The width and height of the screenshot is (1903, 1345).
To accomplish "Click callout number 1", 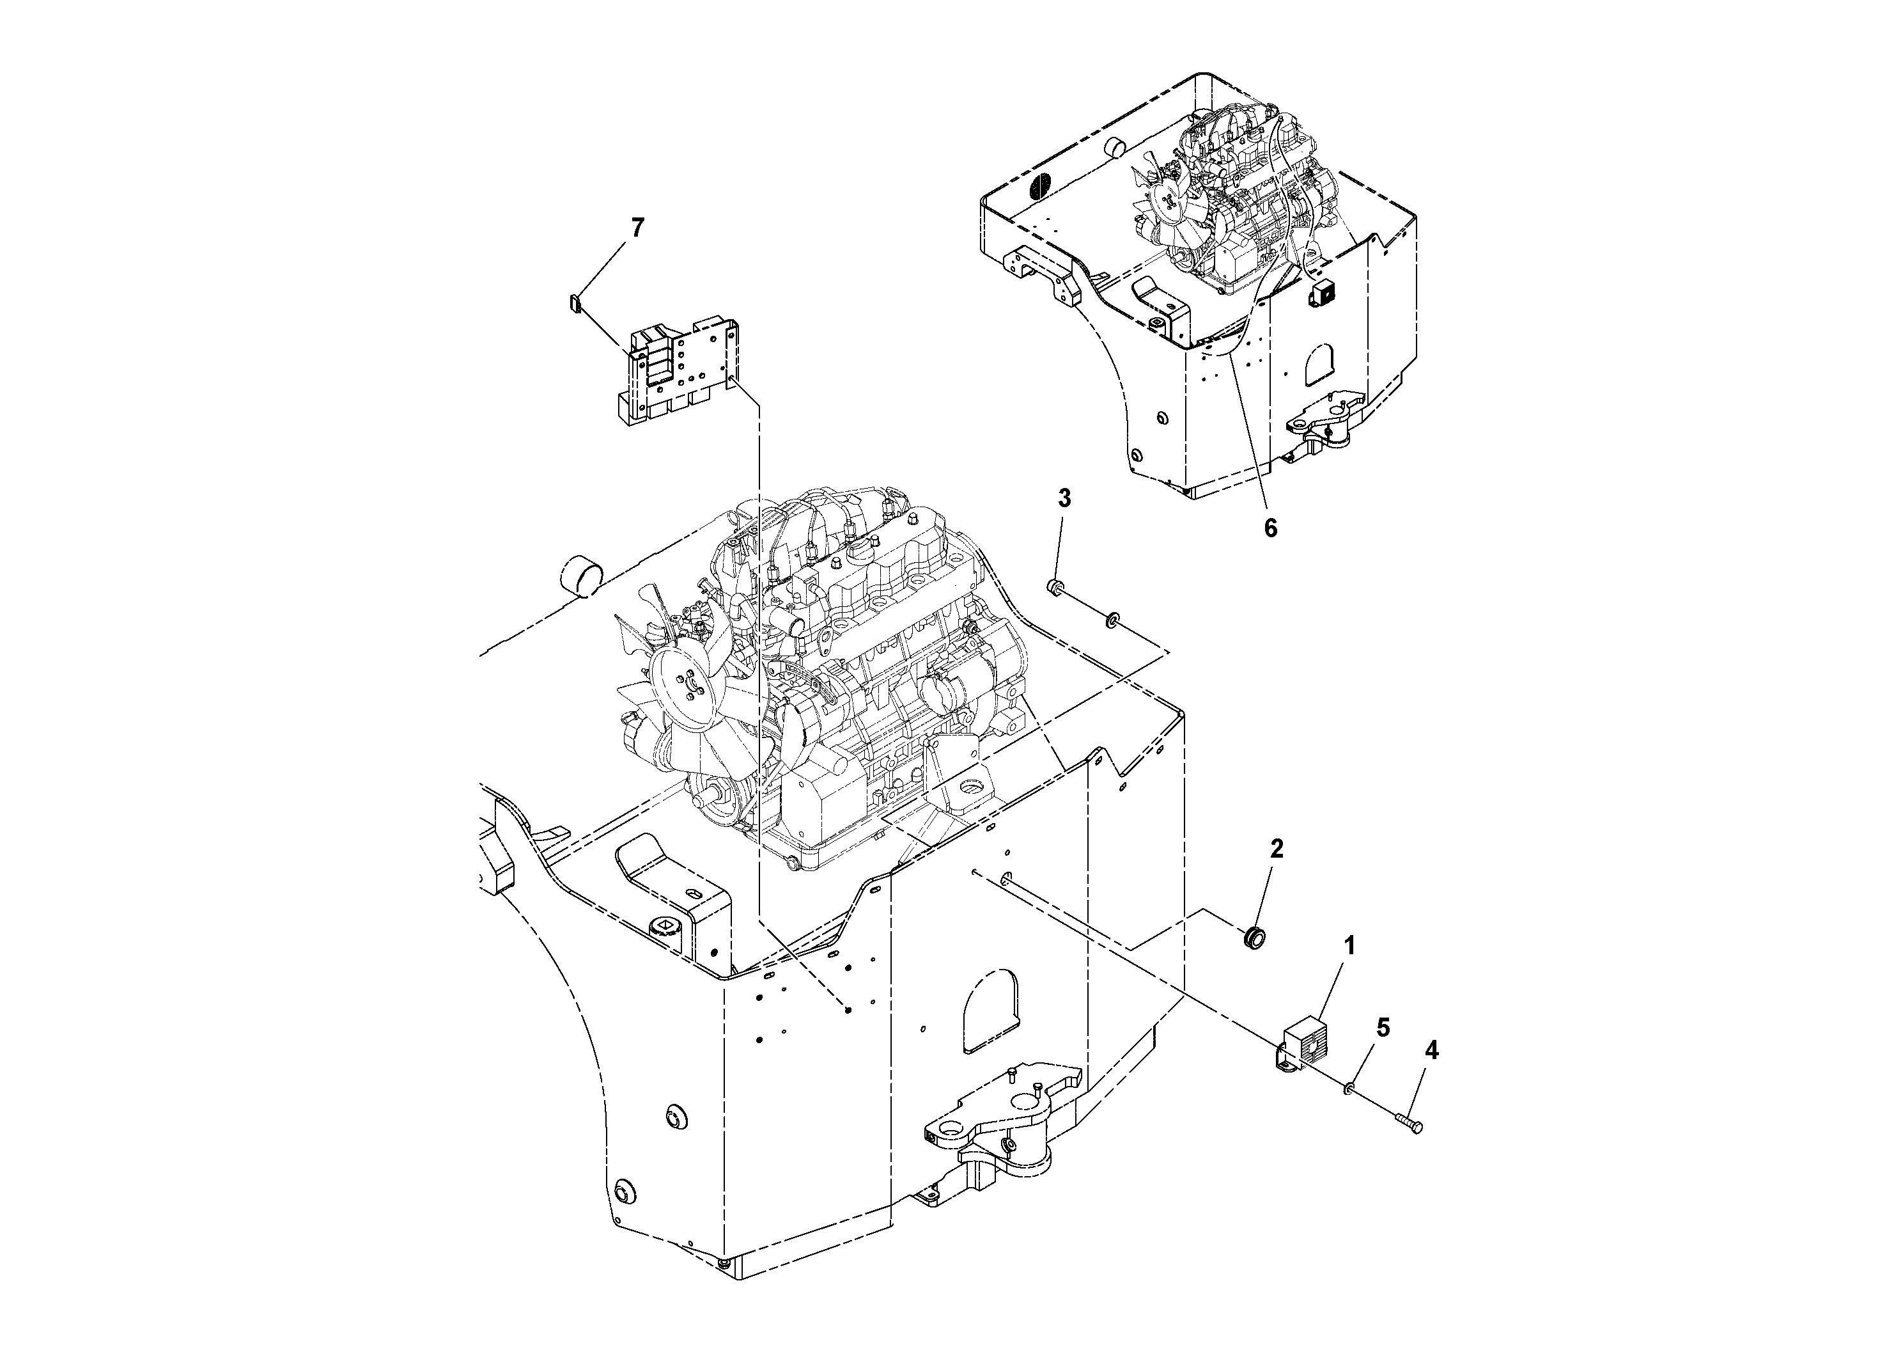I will click(x=1349, y=945).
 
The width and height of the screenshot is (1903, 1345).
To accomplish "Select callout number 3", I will click(x=1064, y=498).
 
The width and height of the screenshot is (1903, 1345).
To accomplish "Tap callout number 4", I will click(x=1431, y=1051).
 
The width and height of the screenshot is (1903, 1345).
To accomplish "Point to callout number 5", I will click(x=1383, y=1028).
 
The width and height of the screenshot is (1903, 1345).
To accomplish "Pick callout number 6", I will click(x=1271, y=528).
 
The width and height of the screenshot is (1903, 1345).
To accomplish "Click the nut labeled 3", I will click(x=1056, y=587).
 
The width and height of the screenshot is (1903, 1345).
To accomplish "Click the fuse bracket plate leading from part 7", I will click(x=680, y=373).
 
